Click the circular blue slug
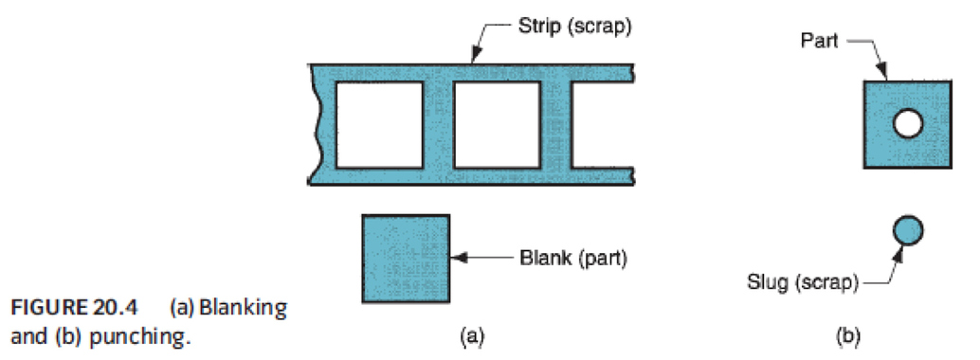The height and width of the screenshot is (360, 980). [x=907, y=229]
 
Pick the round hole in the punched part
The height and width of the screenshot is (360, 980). [x=907, y=124]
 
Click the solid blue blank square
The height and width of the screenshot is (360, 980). [x=405, y=258]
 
